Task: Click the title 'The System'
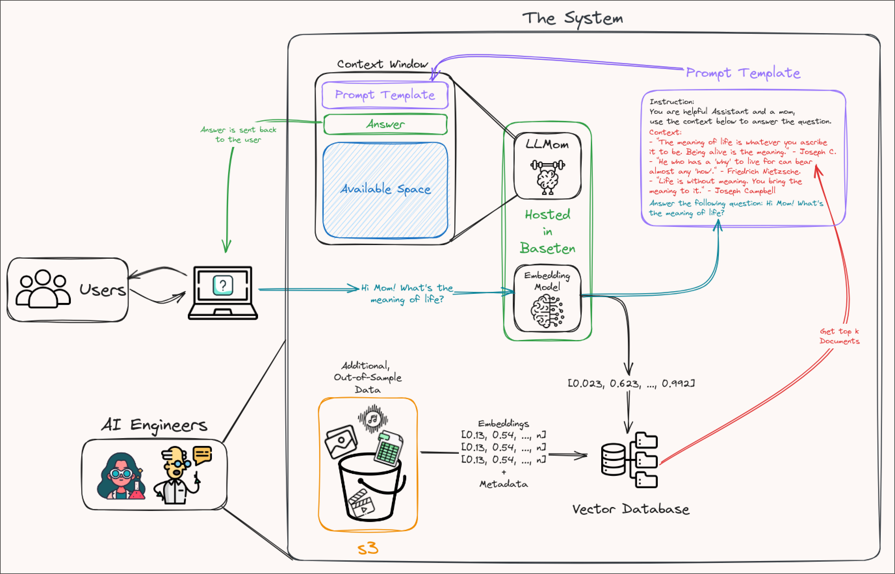tap(572, 18)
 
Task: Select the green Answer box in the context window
tap(385, 124)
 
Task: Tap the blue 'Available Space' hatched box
tap(385, 190)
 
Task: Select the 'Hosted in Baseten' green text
tap(547, 231)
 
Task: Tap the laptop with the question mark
tap(223, 293)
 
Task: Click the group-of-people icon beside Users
tap(43, 289)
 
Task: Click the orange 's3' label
tap(368, 549)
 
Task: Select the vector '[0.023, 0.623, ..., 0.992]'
tap(631, 383)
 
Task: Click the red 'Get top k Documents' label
tap(839, 336)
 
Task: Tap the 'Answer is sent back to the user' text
tap(239, 135)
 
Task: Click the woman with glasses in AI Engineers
tap(120, 477)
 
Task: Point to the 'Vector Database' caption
tap(630, 509)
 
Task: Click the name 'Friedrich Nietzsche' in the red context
tap(763, 172)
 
